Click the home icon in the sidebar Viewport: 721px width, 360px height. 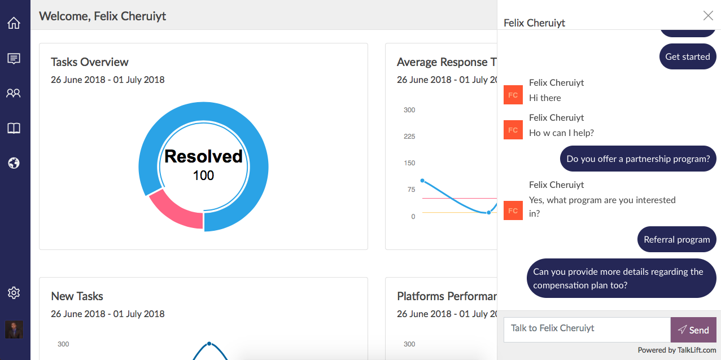14,23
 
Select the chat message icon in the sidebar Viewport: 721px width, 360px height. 14,58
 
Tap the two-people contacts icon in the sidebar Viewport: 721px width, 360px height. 14,93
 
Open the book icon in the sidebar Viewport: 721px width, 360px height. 14,128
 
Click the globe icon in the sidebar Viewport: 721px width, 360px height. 14,163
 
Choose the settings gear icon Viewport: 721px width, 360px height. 14,293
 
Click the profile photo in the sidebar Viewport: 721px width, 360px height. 14,330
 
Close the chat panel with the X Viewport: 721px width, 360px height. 708,16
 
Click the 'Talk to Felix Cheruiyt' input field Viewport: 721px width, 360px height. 587,328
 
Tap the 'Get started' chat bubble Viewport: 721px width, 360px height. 688,56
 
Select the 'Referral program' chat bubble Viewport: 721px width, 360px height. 676,239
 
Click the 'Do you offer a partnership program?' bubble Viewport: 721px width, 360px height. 638,159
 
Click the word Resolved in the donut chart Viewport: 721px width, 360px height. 203,156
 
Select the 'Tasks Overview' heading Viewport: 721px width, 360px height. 90,62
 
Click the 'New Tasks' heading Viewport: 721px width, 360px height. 77,296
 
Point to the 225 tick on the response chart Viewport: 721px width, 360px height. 409,137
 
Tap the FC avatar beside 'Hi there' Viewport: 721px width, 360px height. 513,95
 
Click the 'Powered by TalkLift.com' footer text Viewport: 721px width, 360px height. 677,350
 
